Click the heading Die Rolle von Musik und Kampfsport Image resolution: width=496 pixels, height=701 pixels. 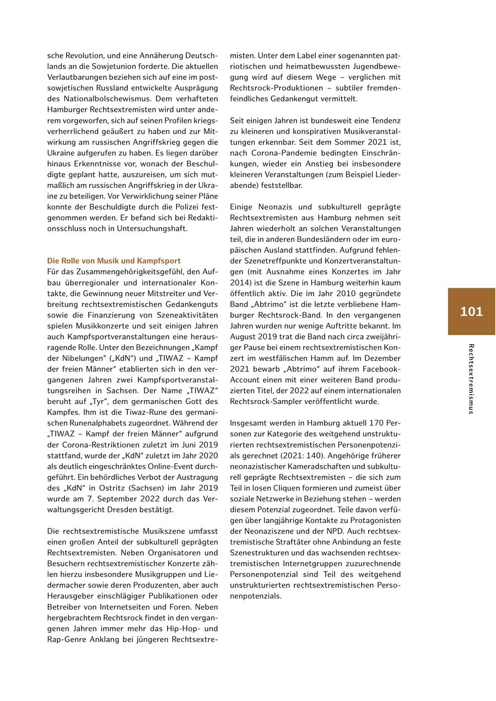(x=114, y=261)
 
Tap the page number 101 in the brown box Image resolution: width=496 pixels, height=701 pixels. (x=471, y=311)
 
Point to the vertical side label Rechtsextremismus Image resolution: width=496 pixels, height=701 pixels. (x=471, y=379)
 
